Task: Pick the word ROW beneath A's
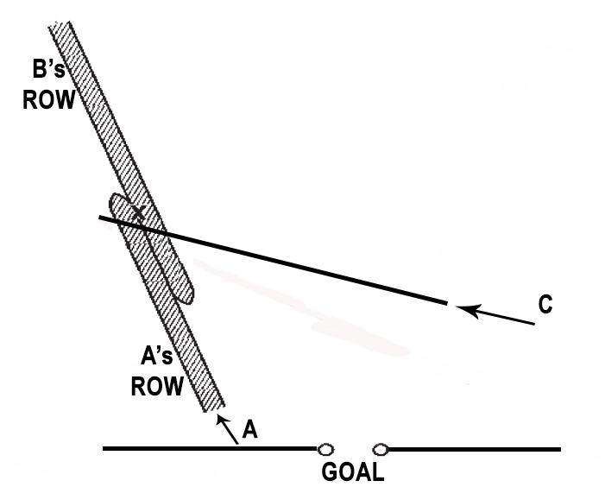pyautogui.click(x=156, y=385)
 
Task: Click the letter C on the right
pyautogui.click(x=545, y=305)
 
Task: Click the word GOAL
pyautogui.click(x=352, y=472)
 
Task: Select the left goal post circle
pyautogui.click(x=325, y=449)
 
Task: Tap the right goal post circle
pyautogui.click(x=381, y=449)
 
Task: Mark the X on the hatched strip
pyautogui.click(x=137, y=212)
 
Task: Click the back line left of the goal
pyautogui.click(x=207, y=448)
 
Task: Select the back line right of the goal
pyautogui.click(x=475, y=449)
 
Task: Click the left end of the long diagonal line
pyautogui.click(x=100, y=218)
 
